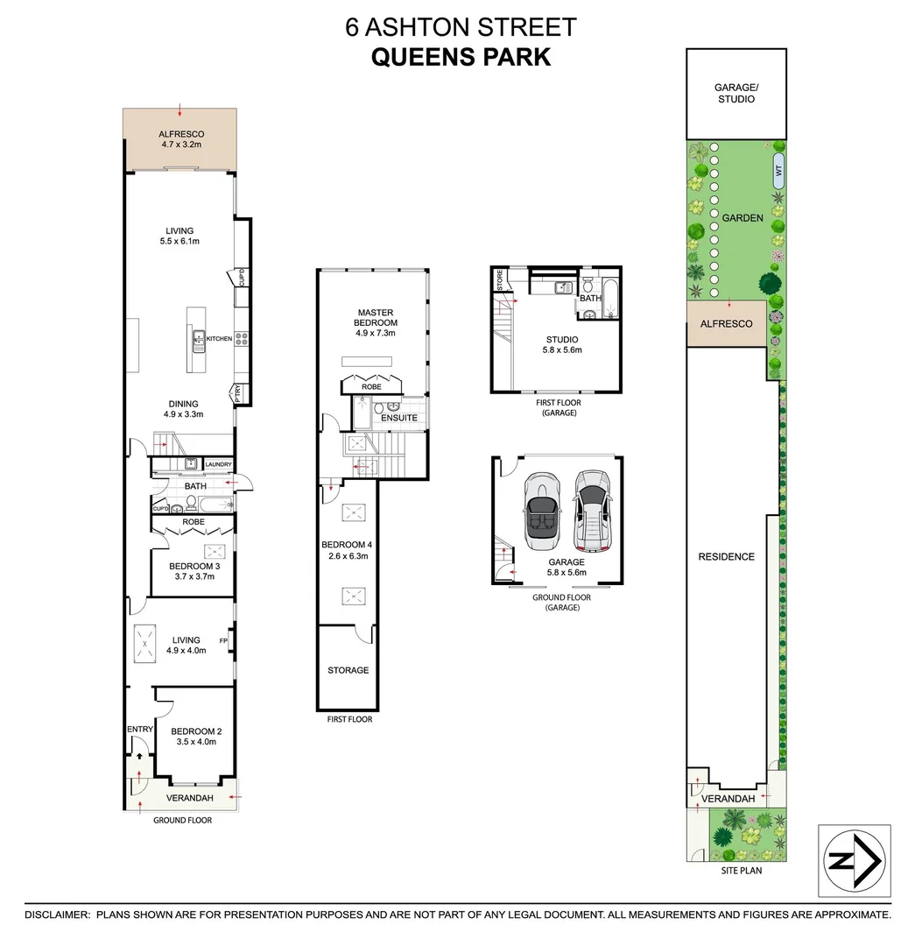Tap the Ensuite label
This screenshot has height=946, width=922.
point(399,418)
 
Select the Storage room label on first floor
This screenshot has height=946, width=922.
point(348,670)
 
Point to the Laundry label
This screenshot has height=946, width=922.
point(218,464)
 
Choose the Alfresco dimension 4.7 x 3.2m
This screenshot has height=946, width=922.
point(181,145)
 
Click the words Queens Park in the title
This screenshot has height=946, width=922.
point(461,57)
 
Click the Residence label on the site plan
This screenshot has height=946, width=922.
point(726,556)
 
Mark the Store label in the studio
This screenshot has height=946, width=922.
point(500,281)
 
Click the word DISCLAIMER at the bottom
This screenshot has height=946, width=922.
point(57,914)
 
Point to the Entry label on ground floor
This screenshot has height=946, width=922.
point(140,729)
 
